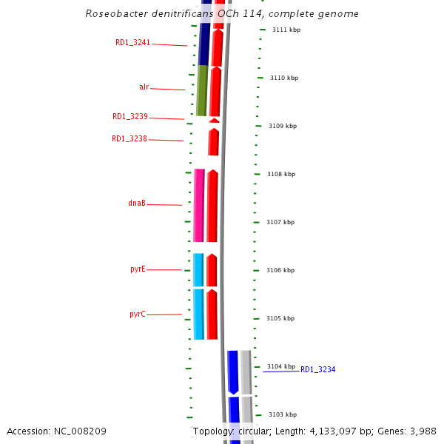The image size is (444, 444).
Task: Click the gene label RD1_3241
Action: (x=132, y=43)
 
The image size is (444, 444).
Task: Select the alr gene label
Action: (x=144, y=87)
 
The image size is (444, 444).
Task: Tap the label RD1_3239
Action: (x=130, y=117)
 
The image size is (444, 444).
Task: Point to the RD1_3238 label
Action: (x=129, y=139)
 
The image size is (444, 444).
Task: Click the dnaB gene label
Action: (x=137, y=203)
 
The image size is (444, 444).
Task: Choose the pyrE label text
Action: (x=138, y=269)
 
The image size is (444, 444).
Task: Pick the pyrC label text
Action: (x=138, y=314)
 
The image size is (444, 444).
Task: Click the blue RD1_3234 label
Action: (x=318, y=369)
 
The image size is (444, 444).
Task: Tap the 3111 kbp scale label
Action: (x=286, y=30)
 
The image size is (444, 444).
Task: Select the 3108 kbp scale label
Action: (x=281, y=174)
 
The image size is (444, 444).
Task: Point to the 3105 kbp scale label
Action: (x=280, y=318)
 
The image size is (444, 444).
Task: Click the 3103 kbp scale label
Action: (x=282, y=414)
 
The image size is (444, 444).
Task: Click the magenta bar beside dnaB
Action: (x=199, y=205)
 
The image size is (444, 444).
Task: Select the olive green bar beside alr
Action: (x=201, y=91)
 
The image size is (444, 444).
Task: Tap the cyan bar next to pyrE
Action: (x=198, y=269)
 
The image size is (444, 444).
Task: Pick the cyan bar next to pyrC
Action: (x=198, y=314)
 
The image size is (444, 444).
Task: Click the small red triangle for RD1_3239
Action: (x=214, y=120)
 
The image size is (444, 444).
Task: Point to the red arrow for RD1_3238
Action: (x=213, y=142)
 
